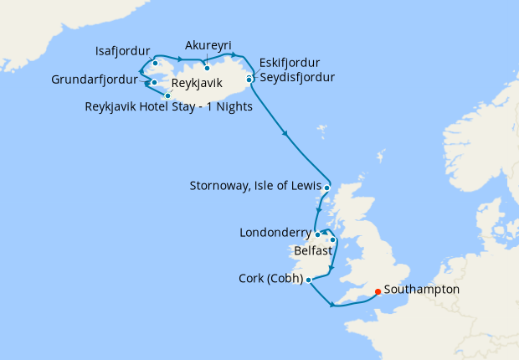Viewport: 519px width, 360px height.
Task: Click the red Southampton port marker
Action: (x=378, y=292)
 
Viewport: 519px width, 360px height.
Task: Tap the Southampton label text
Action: (x=422, y=290)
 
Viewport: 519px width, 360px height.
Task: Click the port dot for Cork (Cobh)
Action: (x=309, y=280)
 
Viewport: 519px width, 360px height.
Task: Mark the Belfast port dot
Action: (x=332, y=240)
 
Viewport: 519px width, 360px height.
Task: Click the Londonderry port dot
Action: (x=317, y=234)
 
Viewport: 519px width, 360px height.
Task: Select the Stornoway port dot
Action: (x=326, y=188)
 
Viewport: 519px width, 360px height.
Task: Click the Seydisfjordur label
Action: (x=296, y=77)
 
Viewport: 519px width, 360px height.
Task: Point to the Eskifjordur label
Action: (x=290, y=63)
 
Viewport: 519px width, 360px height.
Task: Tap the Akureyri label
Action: (x=208, y=45)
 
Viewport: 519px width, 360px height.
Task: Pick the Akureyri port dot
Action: (x=206, y=68)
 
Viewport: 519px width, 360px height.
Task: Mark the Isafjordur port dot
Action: (x=155, y=63)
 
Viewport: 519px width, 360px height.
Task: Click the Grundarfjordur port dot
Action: (x=154, y=82)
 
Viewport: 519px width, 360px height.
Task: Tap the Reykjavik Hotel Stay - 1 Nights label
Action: (x=169, y=106)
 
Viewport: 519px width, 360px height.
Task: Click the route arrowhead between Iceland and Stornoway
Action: (x=286, y=134)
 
